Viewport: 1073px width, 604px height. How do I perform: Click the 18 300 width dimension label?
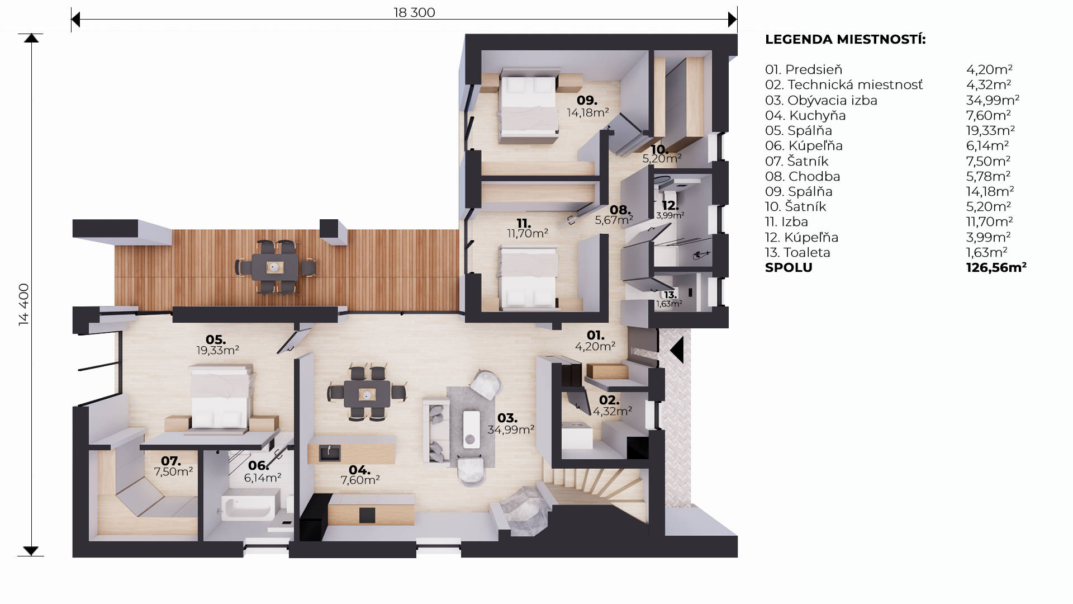[414, 12]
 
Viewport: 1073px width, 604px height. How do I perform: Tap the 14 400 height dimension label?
[23, 305]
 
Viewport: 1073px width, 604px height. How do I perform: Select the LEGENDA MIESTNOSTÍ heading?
[845, 40]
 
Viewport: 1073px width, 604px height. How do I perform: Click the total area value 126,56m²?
[996, 267]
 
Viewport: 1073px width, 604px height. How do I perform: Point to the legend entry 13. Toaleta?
[797, 252]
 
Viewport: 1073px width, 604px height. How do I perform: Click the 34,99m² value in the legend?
[993, 100]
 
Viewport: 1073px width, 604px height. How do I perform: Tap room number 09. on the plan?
[587, 100]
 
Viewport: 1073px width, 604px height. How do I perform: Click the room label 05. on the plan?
[216, 339]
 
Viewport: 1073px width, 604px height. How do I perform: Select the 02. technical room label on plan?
[609, 400]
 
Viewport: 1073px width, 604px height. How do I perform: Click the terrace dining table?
[274, 267]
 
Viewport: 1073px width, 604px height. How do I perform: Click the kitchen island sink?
[329, 452]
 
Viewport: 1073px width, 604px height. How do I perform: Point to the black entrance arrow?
[677, 351]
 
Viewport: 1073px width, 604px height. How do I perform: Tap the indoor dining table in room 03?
[367, 394]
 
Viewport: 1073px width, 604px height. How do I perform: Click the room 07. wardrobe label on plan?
[171, 461]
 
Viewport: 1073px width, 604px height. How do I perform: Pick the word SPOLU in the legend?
[789, 267]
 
